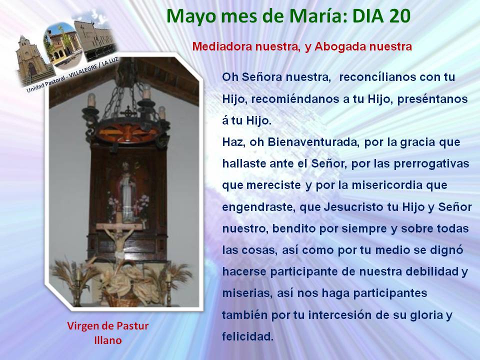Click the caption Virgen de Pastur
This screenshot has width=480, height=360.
(x=108, y=326)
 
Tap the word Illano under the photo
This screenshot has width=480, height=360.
(x=108, y=340)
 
